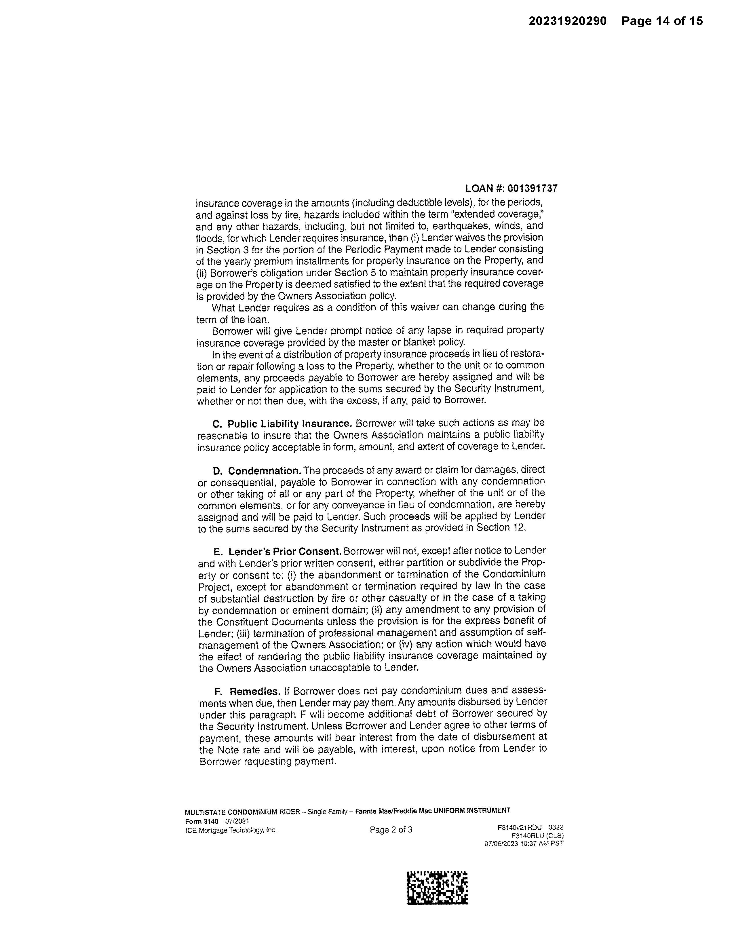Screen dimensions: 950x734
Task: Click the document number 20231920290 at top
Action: tap(567, 21)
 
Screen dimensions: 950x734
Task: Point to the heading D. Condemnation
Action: tap(256, 471)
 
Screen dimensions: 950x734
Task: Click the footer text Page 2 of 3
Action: tap(391, 829)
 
